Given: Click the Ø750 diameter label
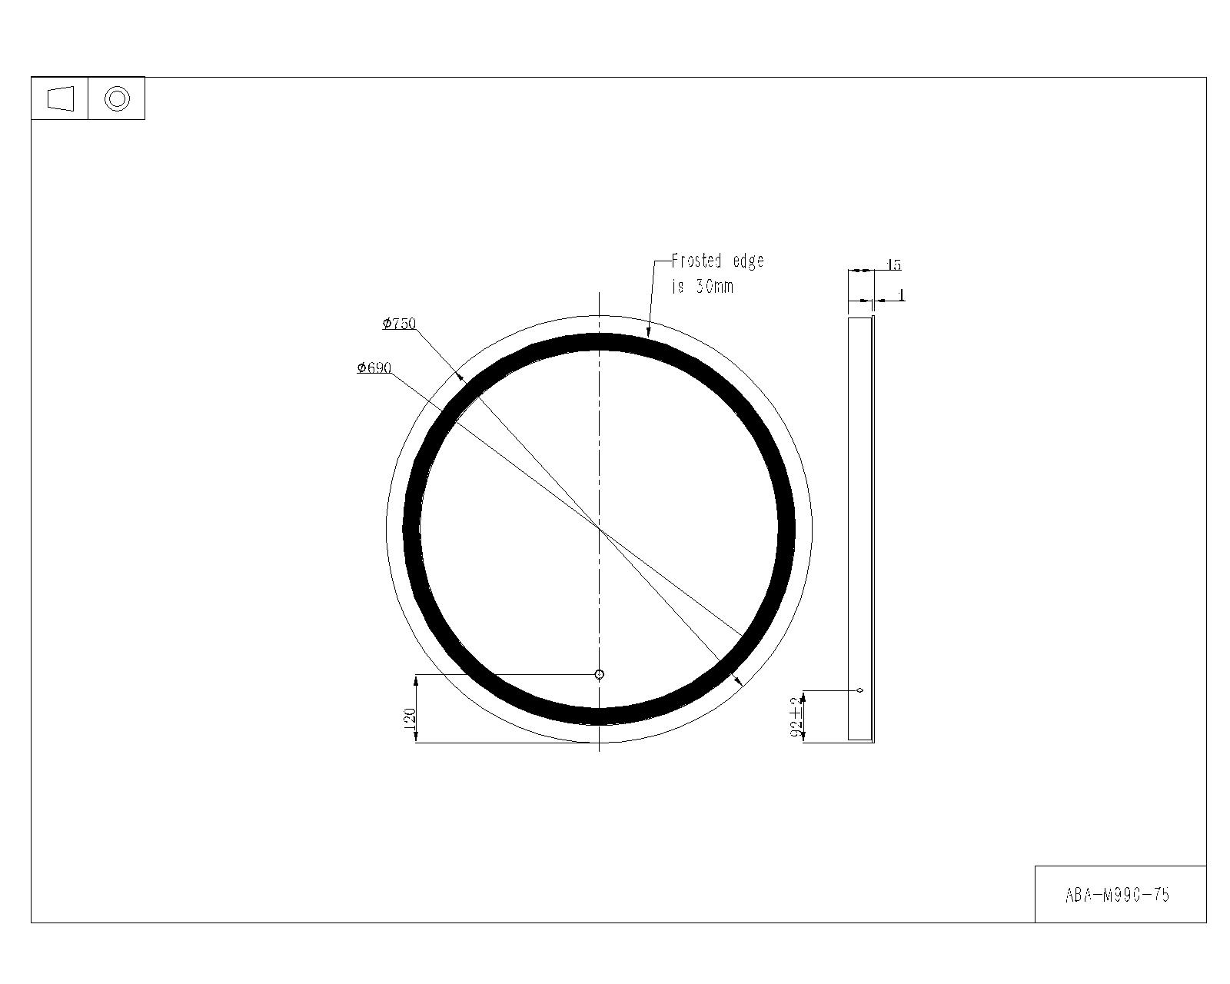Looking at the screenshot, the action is coord(400,324).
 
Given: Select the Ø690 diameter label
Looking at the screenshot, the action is coord(374,367).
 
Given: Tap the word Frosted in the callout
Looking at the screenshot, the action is coord(696,261).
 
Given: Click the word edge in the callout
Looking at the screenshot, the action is coord(748,262).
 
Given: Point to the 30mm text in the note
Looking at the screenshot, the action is coord(714,287).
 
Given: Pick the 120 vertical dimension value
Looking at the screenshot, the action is coord(409,720).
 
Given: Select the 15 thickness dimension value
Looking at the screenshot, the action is coord(893,264).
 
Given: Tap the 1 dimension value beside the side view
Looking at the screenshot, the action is coord(901,295).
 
